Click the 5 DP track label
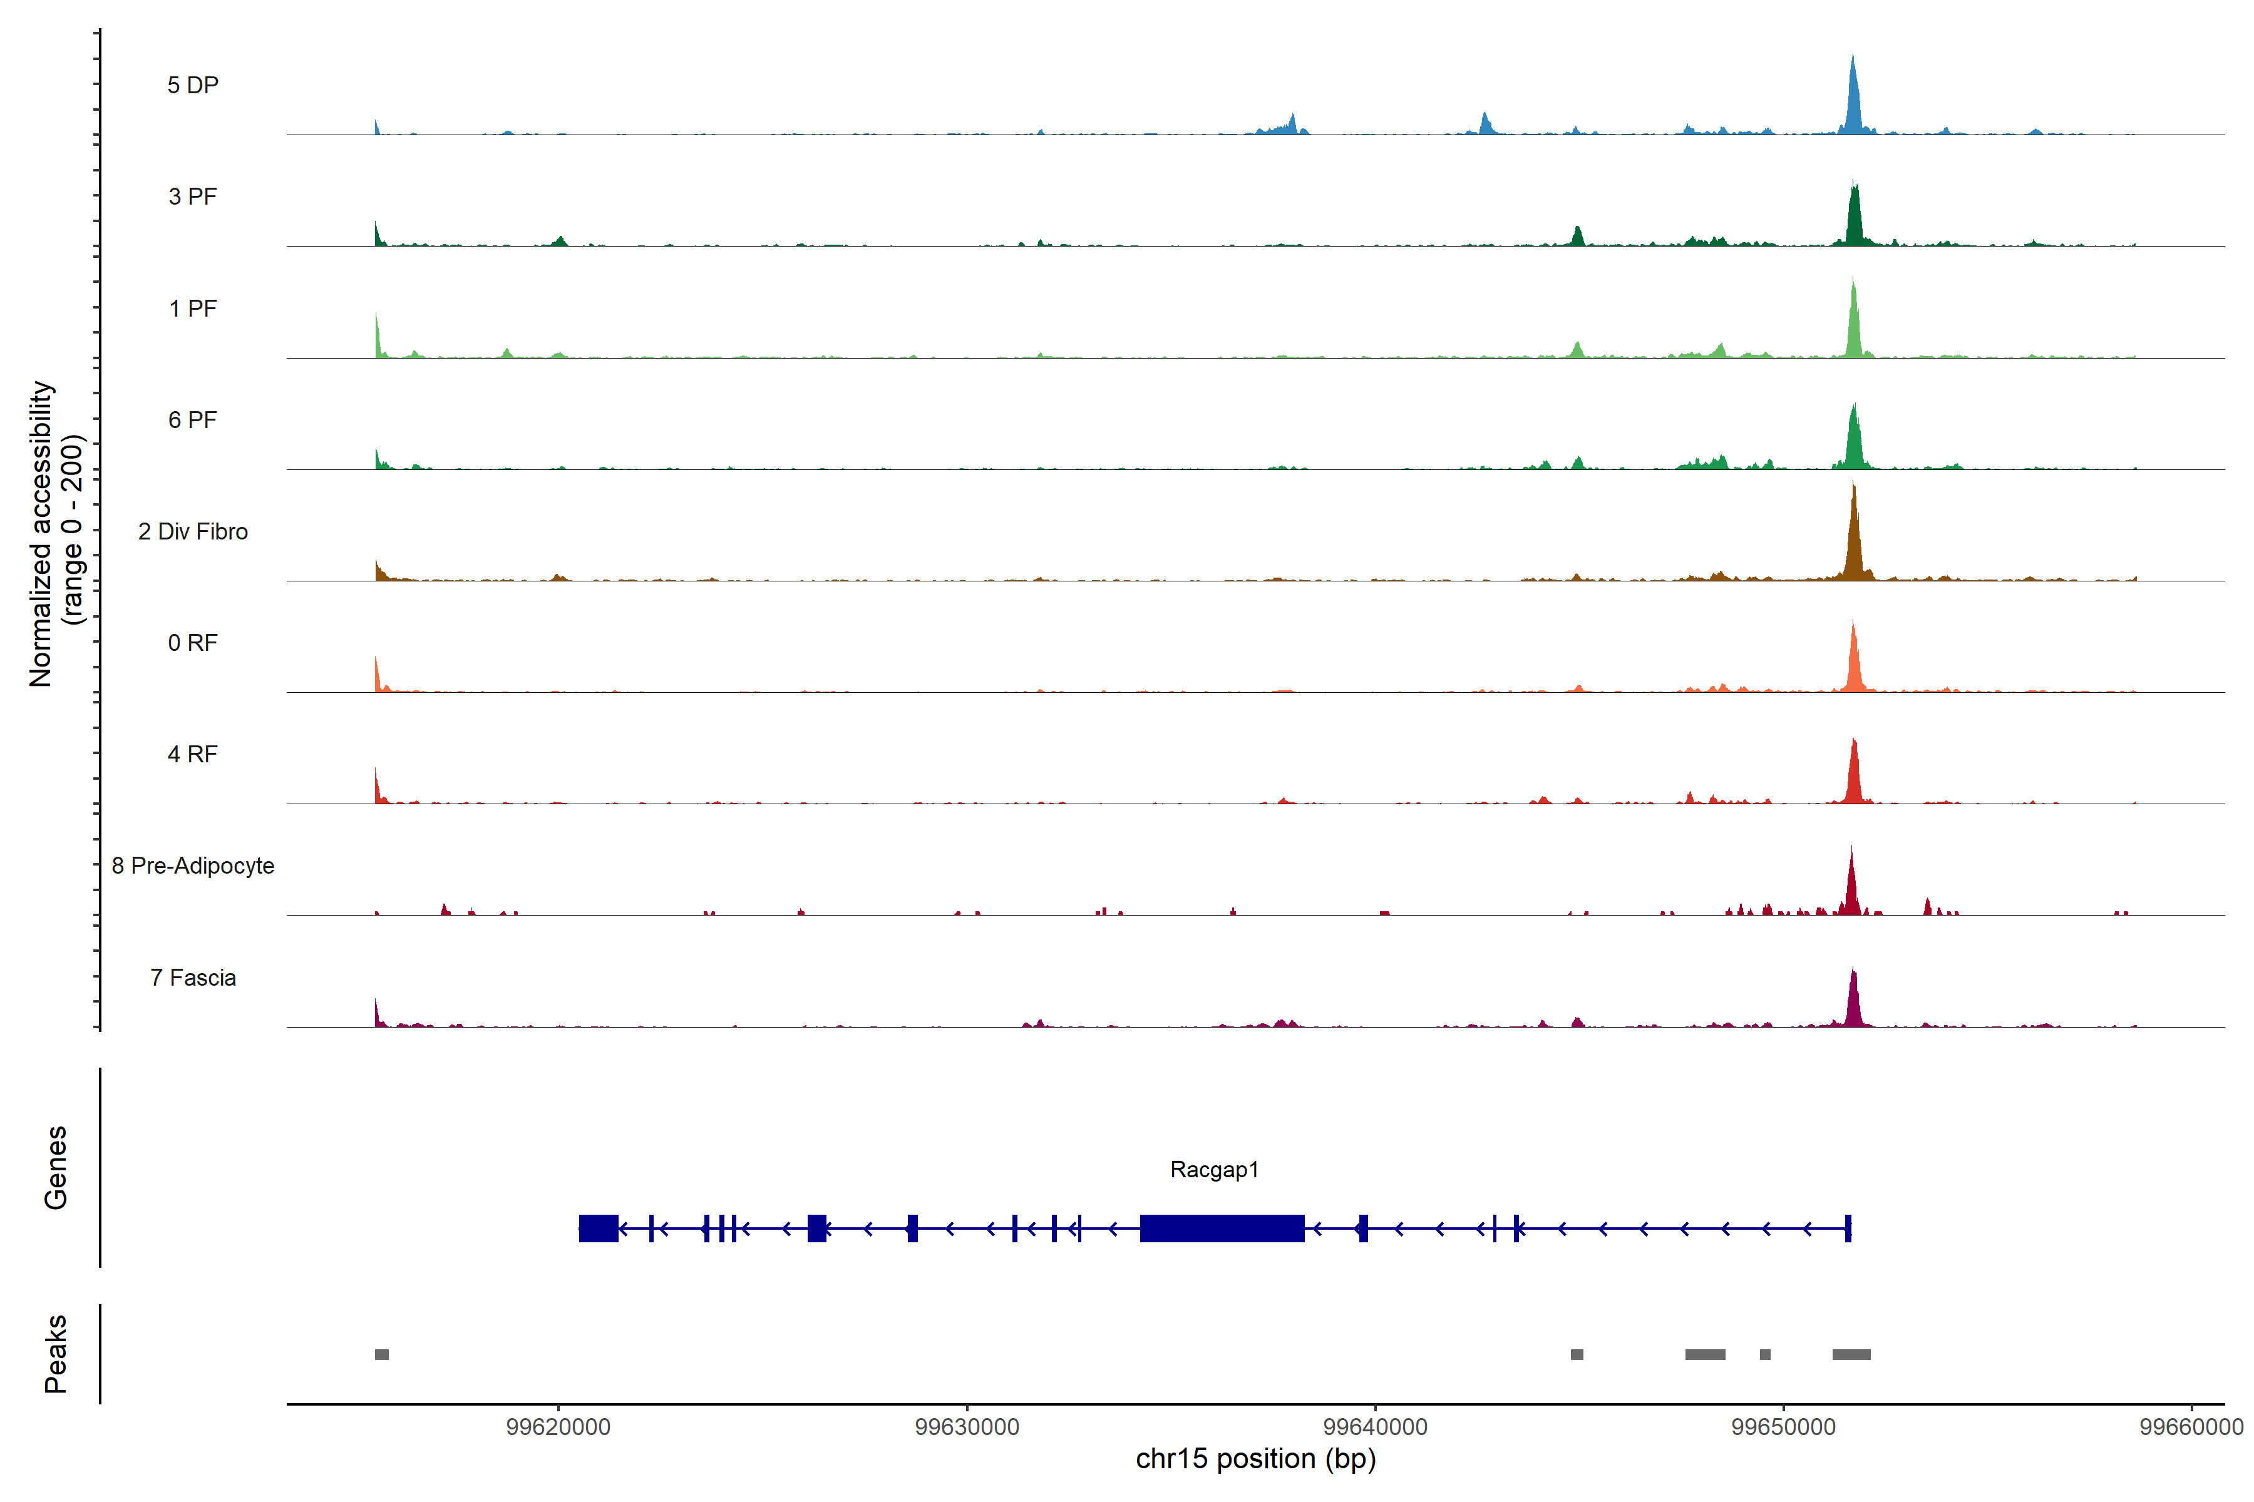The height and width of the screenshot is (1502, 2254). tap(193, 85)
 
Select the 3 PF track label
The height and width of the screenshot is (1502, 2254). tap(193, 197)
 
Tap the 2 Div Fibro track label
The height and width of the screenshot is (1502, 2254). tap(193, 531)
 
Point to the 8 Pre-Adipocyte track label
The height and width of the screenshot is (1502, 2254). tap(193, 866)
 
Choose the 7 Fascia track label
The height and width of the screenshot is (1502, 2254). tap(193, 978)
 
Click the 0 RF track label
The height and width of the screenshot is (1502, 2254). tap(193, 643)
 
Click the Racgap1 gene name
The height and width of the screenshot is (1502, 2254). tap(1214, 1170)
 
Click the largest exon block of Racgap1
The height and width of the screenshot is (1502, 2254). tap(1222, 1228)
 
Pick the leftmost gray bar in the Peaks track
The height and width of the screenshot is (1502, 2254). tap(381, 1354)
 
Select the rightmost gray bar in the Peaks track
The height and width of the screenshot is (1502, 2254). tap(1851, 1354)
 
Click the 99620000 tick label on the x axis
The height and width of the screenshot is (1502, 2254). tap(558, 1428)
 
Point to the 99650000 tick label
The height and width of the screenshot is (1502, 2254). tap(1783, 1428)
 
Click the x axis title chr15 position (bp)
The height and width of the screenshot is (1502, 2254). tap(1255, 1459)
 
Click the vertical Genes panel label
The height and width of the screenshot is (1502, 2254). tap(56, 1168)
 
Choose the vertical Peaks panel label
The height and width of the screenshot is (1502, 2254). tap(56, 1354)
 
